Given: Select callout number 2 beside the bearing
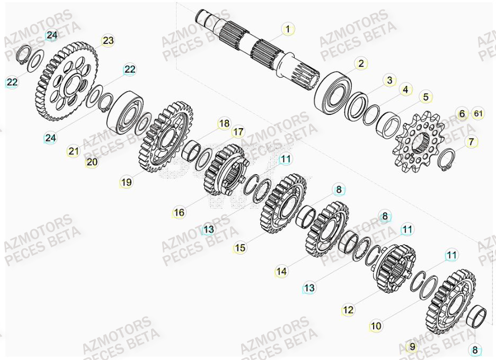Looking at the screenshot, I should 361,64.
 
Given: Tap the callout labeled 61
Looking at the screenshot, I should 478,114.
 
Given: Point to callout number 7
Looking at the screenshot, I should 471,142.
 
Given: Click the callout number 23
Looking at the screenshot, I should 108,41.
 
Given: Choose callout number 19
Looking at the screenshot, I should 126,182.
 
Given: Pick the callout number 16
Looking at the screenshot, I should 179,212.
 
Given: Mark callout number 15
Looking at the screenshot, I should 241,247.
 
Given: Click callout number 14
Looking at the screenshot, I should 281,272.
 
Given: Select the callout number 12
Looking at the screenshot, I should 348,310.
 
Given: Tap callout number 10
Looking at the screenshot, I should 376,326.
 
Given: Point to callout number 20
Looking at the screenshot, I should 92,163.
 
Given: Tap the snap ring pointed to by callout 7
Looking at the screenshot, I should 448,160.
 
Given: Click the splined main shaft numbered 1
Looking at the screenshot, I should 254,45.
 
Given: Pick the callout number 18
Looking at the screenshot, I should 224,124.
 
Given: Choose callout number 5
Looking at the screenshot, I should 425,97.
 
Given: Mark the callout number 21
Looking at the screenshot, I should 73,151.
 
